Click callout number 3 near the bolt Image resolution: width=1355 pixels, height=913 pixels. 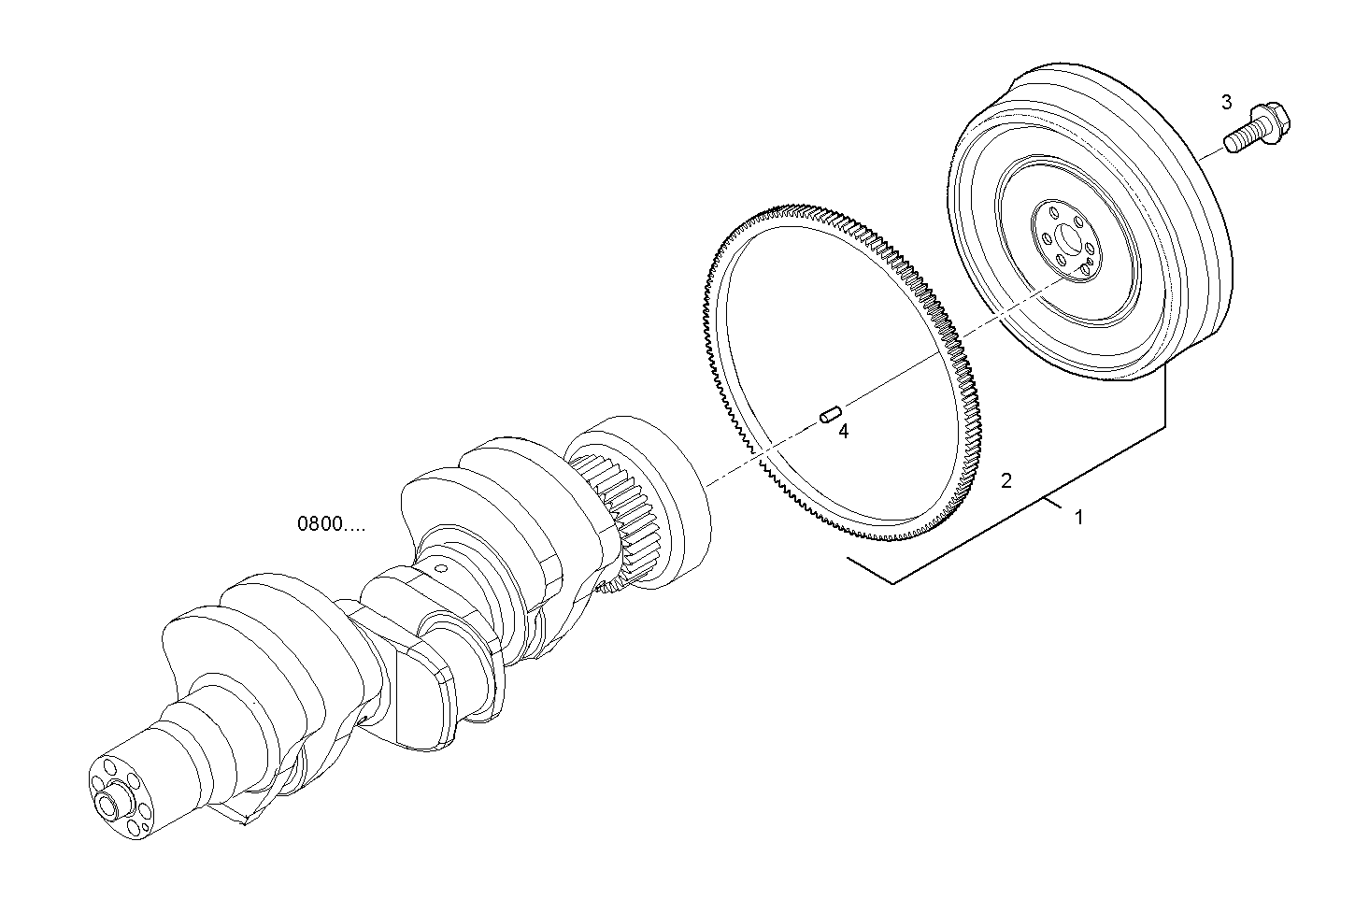point(1227,102)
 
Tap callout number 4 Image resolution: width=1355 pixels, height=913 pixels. point(843,432)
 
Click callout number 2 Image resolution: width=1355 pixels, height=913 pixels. point(1006,481)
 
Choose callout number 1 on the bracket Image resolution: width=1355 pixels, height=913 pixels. point(1078,517)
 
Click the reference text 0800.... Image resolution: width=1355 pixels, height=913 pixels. point(331,524)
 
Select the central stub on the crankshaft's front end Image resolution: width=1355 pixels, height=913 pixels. point(112,805)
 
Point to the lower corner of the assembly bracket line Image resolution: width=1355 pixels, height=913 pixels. point(894,584)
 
